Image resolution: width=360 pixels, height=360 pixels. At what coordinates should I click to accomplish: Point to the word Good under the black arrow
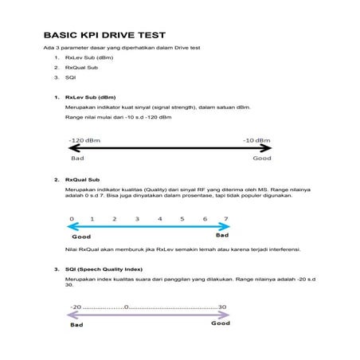tap(261, 158)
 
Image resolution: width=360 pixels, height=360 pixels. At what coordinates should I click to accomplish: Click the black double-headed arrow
tap(170, 149)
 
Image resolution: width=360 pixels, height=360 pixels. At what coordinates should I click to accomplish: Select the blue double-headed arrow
tap(149, 227)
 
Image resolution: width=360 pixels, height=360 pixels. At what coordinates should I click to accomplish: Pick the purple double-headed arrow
tap(149, 315)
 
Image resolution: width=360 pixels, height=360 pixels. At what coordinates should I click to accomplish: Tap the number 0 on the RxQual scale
tap(72, 218)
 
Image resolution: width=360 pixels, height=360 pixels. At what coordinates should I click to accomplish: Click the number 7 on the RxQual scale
tap(226, 218)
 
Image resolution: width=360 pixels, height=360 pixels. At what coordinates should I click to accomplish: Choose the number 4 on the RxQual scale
tap(160, 218)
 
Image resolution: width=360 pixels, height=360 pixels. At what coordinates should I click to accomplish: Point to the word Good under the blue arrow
tap(81, 237)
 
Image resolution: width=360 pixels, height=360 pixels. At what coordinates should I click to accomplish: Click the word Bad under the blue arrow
tap(223, 236)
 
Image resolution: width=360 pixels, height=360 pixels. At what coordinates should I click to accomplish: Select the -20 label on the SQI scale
tap(76, 307)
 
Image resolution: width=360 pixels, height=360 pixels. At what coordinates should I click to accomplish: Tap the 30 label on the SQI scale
tap(222, 307)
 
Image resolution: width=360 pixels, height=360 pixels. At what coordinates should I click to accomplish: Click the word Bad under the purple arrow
tap(76, 325)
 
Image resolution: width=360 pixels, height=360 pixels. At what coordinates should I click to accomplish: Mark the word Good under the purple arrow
tap(221, 324)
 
